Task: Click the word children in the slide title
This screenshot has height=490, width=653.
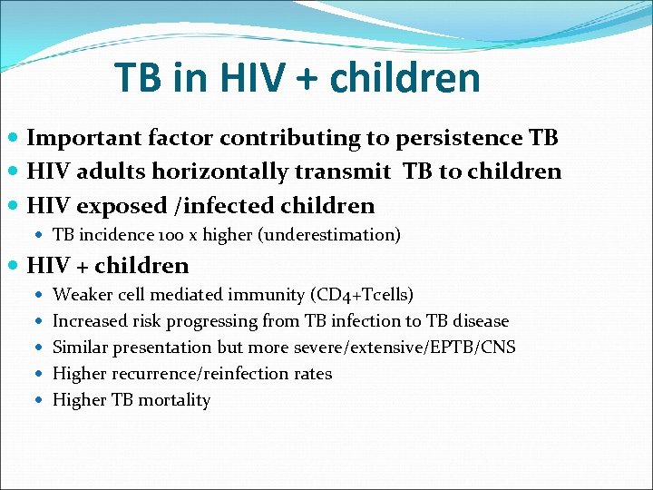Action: (x=404, y=79)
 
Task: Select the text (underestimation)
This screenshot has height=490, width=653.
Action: (x=329, y=235)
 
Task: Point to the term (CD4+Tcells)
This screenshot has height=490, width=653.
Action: (x=362, y=295)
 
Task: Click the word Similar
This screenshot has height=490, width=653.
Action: (x=81, y=348)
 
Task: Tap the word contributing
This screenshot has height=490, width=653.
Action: (x=296, y=138)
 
